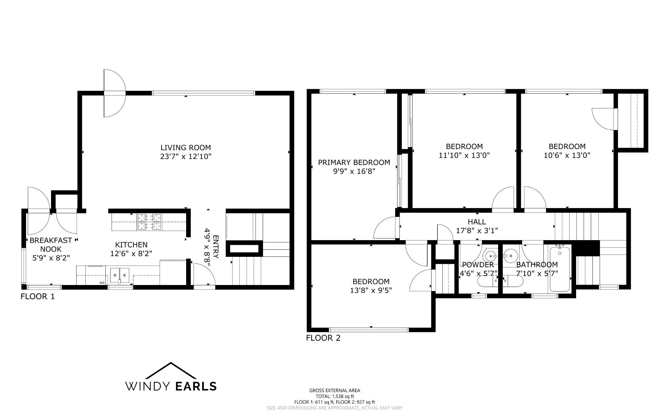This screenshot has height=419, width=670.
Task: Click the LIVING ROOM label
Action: [185, 147]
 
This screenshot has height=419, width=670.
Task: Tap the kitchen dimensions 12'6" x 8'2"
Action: [132, 253]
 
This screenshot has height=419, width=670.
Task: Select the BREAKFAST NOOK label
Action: [51, 244]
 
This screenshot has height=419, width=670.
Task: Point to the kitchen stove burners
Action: [150, 221]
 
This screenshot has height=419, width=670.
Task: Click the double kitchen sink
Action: [119, 275]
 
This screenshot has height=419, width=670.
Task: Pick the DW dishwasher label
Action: [102, 282]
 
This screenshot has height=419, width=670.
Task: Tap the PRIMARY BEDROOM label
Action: [354, 162]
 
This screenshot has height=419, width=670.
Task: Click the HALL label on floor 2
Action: [477, 222]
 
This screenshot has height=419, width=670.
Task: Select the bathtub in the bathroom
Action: [560, 269]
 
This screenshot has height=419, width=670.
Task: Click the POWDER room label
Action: [478, 265]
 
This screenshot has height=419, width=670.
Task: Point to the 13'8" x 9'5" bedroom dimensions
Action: [371, 290]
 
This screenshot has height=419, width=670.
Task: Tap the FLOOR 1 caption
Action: [38, 296]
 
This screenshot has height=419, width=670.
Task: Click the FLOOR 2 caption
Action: [323, 338]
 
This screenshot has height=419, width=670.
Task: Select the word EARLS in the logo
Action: [196, 386]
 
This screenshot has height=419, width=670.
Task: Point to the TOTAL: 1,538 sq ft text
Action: [335, 396]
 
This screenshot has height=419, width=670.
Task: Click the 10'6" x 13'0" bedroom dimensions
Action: [567, 155]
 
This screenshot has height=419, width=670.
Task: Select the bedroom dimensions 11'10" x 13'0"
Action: [464, 155]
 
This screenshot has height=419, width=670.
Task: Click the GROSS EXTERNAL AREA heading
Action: [335, 390]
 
